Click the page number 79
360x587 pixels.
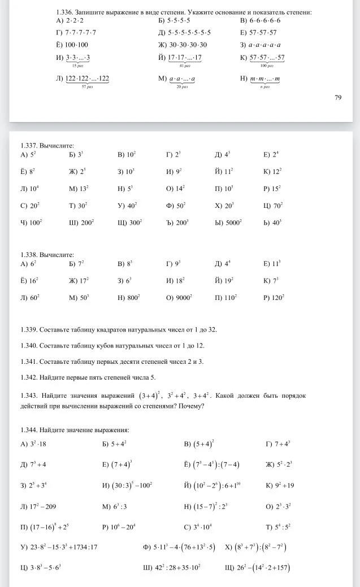pos(338,98)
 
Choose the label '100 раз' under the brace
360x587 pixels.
pos(267,66)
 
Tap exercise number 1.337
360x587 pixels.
pos(30,145)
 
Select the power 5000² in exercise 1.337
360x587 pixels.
pos(233,223)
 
